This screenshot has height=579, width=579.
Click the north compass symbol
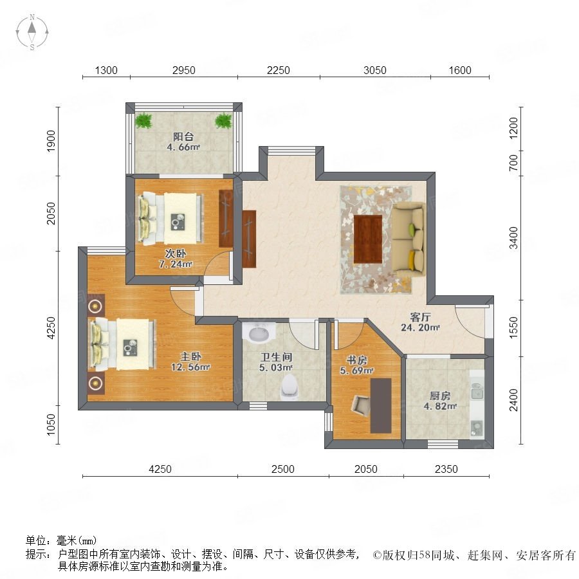coord(32,32)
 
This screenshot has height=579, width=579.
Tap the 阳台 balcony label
coord(183,136)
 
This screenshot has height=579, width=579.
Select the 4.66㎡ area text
coord(183,147)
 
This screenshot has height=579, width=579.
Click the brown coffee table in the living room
coord(367,239)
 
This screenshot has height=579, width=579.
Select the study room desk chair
coord(361,405)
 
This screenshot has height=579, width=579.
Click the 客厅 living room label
coord(420,317)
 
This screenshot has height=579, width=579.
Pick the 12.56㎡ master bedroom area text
coord(190,367)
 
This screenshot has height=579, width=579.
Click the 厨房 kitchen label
coord(440,396)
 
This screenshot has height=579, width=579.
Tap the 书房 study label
coord(356,360)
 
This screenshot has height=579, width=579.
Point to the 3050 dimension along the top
coord(375,70)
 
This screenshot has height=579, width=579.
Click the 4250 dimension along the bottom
coord(160,469)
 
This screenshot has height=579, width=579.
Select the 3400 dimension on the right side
coord(513,238)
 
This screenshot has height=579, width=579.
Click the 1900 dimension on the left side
coord(51,141)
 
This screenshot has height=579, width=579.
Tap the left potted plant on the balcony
coord(143,120)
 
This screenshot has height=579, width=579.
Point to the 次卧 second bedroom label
coord(176,253)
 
